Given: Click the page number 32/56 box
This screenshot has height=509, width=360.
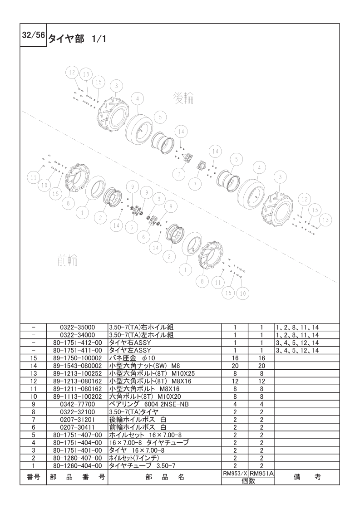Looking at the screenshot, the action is point(33,35).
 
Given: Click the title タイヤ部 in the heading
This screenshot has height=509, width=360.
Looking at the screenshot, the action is point(67,39).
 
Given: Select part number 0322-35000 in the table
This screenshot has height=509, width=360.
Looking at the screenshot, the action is point(77,328).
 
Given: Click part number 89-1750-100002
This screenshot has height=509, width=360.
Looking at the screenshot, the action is point(77,358).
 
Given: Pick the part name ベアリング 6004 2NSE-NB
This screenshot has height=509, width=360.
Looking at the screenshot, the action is point(149,405).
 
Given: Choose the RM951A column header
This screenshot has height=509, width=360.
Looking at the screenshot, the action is point(261,474).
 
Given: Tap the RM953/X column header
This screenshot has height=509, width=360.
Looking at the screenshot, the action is point(235,474).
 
